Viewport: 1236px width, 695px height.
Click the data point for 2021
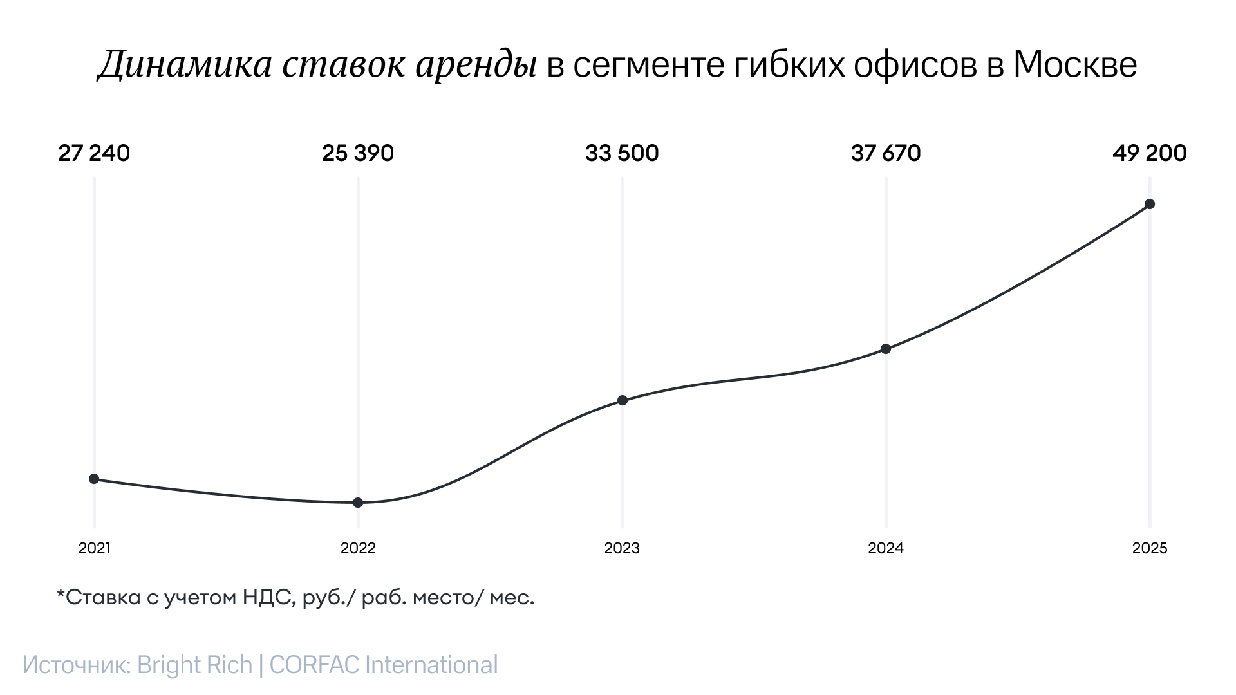(x=94, y=479)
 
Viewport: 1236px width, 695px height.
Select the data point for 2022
(x=358, y=503)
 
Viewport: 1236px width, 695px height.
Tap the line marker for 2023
(x=623, y=400)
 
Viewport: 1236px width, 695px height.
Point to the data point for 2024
(x=886, y=349)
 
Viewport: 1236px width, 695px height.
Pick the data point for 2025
(x=1150, y=204)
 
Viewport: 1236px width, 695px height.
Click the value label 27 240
(x=94, y=153)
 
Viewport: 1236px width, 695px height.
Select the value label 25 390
(x=358, y=153)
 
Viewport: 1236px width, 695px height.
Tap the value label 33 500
(x=622, y=153)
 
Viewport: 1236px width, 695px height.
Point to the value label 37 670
(x=886, y=153)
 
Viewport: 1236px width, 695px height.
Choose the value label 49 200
(x=1150, y=153)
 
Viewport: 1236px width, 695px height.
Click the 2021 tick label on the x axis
(x=94, y=548)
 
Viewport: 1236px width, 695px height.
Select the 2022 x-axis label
(x=358, y=548)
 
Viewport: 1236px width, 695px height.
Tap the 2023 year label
(x=622, y=548)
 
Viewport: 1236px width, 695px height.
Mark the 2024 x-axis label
(x=886, y=548)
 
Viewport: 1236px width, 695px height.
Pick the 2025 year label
(x=1150, y=548)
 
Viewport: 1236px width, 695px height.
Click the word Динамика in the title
(x=185, y=65)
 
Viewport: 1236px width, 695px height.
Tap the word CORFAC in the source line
(x=314, y=665)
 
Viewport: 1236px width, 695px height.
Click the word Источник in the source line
(x=77, y=665)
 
